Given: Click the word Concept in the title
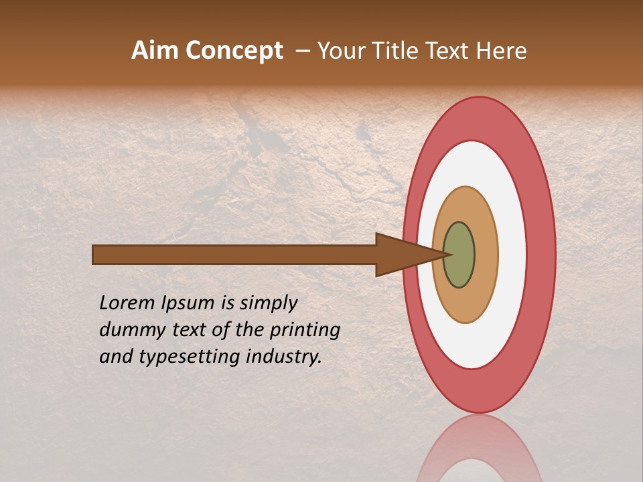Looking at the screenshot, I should click(x=234, y=51).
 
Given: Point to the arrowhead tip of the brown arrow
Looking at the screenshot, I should click(x=449, y=254).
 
